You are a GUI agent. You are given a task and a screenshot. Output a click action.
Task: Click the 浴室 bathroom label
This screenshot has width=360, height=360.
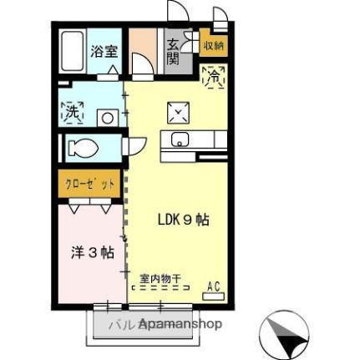(105, 50)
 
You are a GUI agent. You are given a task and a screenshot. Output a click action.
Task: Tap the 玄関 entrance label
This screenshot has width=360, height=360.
(173, 51)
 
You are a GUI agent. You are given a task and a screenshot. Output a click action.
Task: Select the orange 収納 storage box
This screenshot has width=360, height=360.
(213, 46)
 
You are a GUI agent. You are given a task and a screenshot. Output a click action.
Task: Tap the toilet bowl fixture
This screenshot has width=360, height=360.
(84, 149)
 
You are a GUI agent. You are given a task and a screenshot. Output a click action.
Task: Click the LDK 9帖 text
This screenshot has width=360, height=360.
(184, 221)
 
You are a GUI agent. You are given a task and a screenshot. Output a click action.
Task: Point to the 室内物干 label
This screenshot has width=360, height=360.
(160, 278)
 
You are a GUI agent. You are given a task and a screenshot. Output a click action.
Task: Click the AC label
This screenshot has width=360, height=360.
(213, 287)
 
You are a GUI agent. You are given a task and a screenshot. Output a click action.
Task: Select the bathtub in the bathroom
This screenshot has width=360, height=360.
(73, 51)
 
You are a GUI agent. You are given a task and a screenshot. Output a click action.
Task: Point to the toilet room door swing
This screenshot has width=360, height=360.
(134, 145)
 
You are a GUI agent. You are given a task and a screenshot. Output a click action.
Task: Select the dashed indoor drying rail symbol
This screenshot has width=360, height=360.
(161, 288)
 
